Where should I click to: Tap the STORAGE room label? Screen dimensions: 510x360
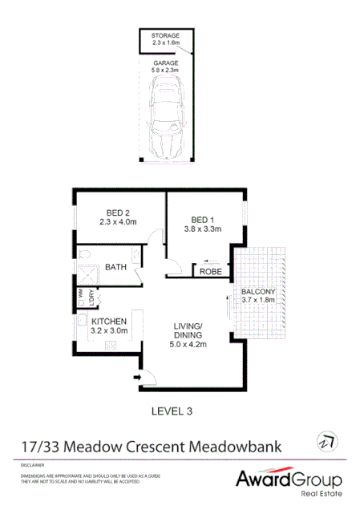click(x=166, y=36)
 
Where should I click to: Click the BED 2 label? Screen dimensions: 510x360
click(x=115, y=212)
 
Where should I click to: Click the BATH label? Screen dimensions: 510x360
click(x=116, y=267)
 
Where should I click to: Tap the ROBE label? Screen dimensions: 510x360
click(x=211, y=272)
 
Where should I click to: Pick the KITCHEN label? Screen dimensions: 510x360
click(x=110, y=322)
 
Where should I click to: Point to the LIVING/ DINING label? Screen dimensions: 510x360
click(x=190, y=330)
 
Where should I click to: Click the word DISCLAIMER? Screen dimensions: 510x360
click(x=34, y=465)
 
